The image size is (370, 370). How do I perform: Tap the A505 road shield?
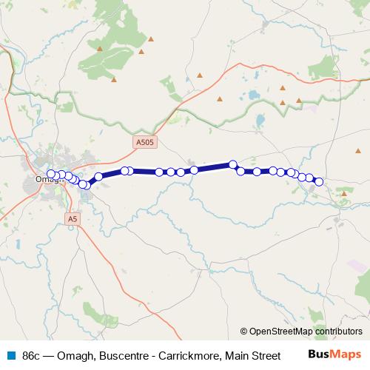(x=145, y=140)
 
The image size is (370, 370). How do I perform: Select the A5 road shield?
(x=72, y=219)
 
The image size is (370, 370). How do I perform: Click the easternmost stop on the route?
(x=319, y=182)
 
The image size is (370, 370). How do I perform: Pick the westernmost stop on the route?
(x=51, y=175)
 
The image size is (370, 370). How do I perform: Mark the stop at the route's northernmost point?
(x=232, y=164)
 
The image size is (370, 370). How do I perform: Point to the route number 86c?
(x=32, y=356)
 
